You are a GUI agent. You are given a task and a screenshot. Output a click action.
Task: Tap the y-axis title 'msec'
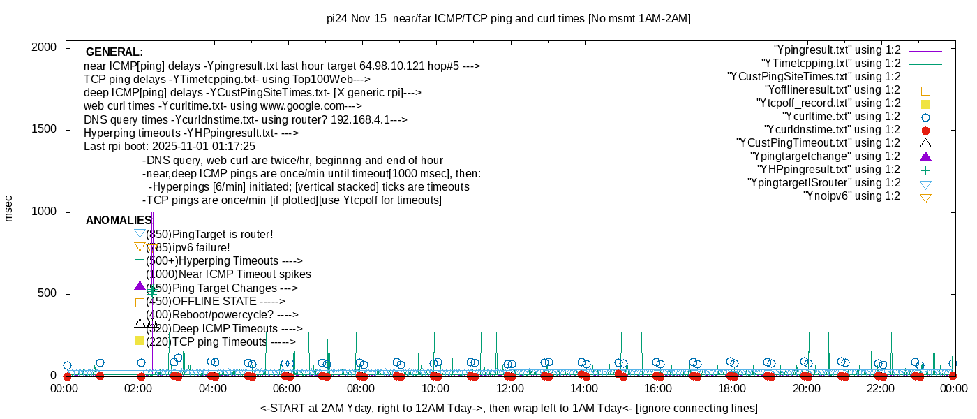9,207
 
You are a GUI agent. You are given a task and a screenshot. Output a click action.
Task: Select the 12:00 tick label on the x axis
509,388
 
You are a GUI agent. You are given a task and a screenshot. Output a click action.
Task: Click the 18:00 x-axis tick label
732,388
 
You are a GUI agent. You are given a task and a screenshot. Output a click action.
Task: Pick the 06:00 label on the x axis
287,388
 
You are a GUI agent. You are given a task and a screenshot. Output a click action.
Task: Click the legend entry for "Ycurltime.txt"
842,117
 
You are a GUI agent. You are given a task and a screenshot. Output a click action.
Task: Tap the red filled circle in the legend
926,131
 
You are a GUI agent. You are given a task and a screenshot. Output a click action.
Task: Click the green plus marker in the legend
926,170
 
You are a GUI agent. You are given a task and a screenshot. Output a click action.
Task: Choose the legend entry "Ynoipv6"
852,196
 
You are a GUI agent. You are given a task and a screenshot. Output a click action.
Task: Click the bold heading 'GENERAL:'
114,52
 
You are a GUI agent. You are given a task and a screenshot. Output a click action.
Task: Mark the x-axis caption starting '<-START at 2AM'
509,408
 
